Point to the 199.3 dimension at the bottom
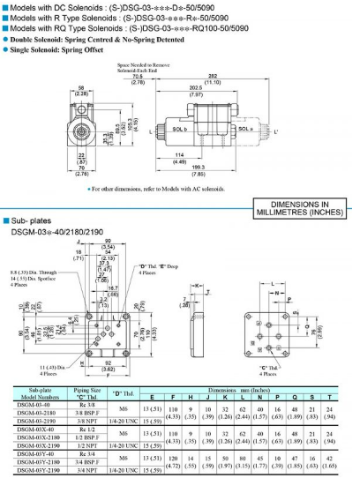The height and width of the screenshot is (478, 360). pyautogui.click(x=224, y=170)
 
